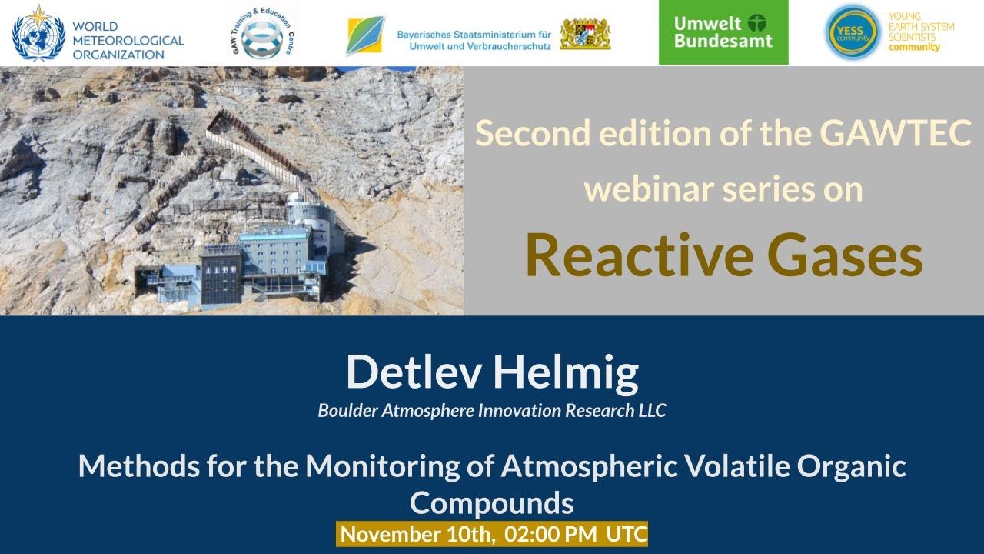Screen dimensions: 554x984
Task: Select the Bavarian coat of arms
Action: click(585, 34)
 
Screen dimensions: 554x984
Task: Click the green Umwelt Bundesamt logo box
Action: click(723, 32)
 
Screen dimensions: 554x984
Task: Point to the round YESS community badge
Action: click(852, 32)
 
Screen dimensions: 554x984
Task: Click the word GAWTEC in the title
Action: click(896, 134)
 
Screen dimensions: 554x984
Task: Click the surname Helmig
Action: click(565, 372)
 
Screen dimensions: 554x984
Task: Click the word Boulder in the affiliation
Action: click(346, 411)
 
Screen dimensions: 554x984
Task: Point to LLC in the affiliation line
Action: click(650, 411)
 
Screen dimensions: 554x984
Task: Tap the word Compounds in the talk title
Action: click(492, 503)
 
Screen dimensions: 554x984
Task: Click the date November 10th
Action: click(417, 534)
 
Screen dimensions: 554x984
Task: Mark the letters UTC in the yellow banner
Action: click(626, 534)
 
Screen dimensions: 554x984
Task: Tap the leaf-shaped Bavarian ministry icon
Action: click(365, 35)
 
